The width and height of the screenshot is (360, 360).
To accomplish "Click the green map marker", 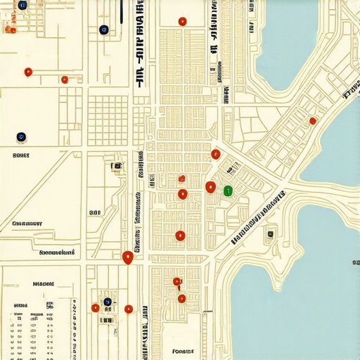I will [227, 190].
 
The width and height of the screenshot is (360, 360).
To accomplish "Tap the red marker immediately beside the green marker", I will [210, 186].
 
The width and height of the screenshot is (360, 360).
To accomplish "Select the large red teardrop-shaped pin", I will [127, 257].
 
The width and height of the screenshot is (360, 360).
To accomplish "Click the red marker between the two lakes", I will [313, 121].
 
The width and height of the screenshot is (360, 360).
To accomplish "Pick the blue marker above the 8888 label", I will [21, 136].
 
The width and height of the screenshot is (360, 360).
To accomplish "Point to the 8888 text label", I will [21, 155].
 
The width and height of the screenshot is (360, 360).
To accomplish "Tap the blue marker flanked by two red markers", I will [108, 302].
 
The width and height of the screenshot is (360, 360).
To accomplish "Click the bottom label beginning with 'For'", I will [182, 351].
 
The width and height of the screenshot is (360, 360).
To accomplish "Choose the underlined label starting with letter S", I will [57, 251].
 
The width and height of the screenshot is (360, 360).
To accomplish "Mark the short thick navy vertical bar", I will [122, 8].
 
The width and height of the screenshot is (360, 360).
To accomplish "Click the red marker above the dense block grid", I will [182, 22].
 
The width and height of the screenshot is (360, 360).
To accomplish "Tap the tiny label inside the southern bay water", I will [352, 262].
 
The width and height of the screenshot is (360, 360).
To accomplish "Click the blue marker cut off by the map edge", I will [22, 5].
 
